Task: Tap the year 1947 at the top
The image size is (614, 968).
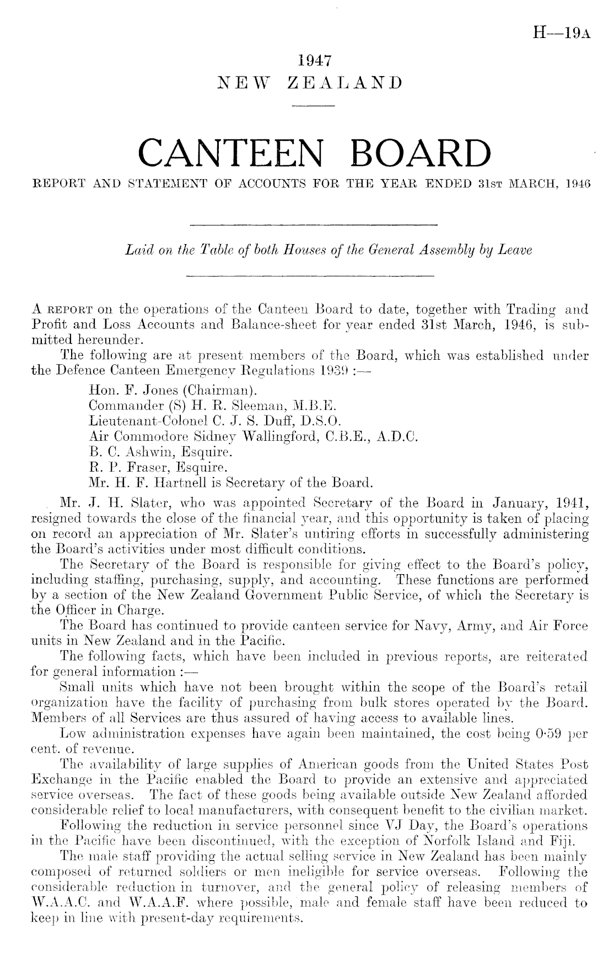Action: click(311, 60)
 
